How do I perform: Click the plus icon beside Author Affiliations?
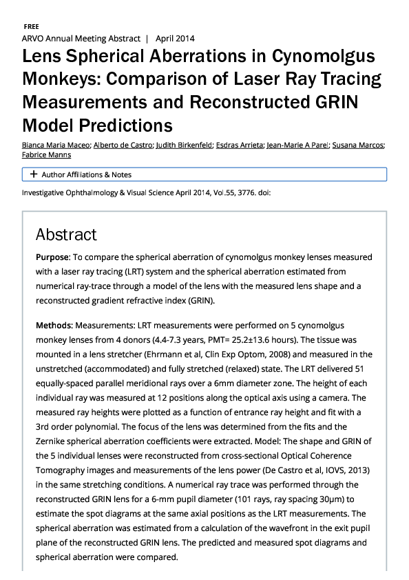coord(33,174)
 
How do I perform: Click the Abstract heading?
coord(66,234)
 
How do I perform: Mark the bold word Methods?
coord(54,323)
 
